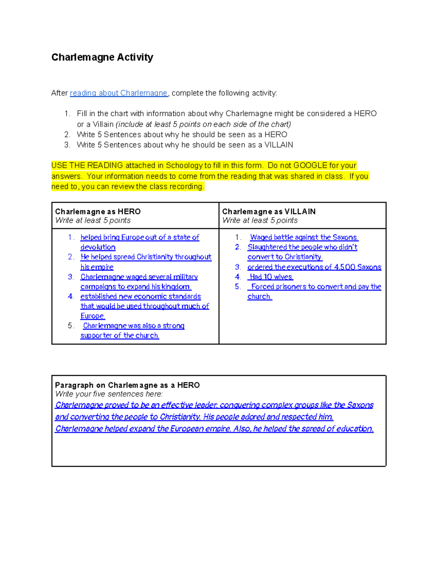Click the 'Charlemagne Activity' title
[102, 57]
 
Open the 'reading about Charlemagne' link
[118, 93]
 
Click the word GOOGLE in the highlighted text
[310, 166]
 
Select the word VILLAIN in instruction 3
[279, 145]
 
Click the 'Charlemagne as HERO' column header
[98, 211]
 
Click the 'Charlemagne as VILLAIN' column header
[269, 211]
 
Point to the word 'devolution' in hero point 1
[98, 247]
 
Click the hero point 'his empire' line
[97, 267]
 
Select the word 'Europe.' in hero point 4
[93, 316]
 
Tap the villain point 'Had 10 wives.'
[271, 277]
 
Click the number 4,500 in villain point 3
[344, 267]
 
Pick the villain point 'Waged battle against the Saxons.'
[304, 238]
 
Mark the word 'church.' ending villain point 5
[260, 297]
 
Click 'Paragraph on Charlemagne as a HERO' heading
[127, 385]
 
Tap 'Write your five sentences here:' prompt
[109, 394]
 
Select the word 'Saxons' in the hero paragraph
[360, 405]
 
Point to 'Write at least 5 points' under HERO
[93, 220]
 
